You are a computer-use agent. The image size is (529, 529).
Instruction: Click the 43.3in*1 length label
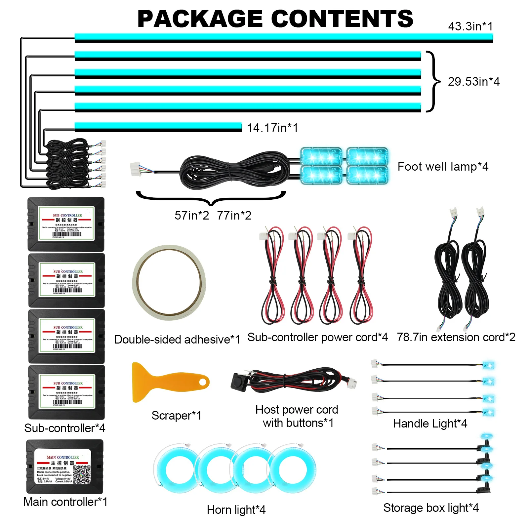(x=470, y=26)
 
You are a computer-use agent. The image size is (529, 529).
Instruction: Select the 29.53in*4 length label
(x=473, y=81)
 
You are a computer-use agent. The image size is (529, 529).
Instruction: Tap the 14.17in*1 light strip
(x=158, y=127)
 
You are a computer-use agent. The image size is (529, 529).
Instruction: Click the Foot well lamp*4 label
(x=443, y=167)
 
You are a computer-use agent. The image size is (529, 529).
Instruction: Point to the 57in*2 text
(x=192, y=216)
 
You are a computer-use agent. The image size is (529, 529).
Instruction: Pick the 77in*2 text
(x=234, y=216)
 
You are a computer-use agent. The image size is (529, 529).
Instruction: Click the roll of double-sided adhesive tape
(x=169, y=282)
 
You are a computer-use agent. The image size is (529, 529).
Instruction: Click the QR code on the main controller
(x=81, y=474)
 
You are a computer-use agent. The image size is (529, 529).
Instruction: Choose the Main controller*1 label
(x=65, y=502)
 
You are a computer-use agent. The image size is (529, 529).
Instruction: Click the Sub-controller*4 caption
(x=65, y=428)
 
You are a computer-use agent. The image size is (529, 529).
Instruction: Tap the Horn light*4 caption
(x=236, y=510)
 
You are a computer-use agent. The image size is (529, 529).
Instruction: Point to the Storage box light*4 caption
(x=431, y=508)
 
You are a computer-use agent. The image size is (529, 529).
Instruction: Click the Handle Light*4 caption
(x=430, y=424)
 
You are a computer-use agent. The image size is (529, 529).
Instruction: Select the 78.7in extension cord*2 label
(x=456, y=337)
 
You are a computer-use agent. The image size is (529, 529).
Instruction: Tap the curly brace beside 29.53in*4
(x=434, y=81)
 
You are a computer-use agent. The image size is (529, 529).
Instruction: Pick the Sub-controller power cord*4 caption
(x=317, y=337)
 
